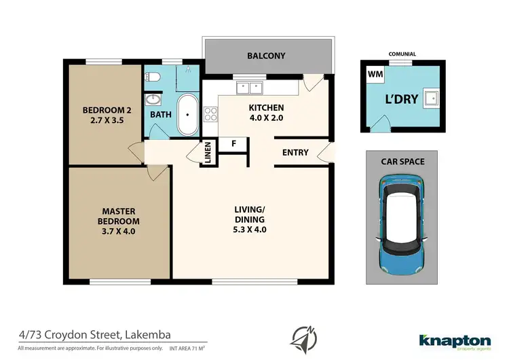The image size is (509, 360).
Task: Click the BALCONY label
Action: point(266,56)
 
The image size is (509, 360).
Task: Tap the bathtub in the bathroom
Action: point(187,115)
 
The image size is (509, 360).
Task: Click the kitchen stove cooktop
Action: point(211,115)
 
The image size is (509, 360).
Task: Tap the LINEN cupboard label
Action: point(208,152)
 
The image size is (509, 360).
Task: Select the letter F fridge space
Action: point(233,143)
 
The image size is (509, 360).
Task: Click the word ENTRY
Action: point(295,152)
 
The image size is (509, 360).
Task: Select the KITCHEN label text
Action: point(266,108)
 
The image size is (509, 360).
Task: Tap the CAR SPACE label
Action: point(403,162)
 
